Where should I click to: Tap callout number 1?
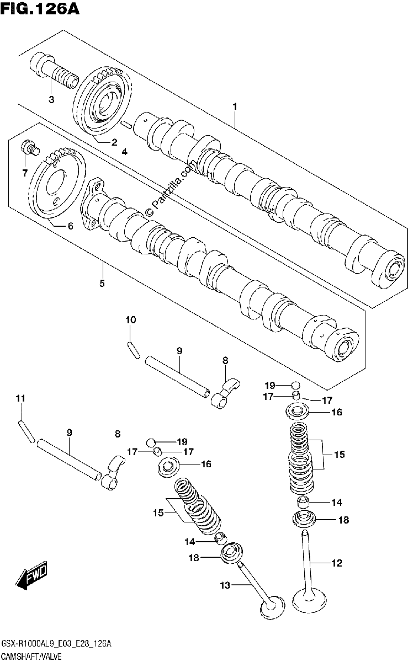pyautogui.click(x=235, y=106)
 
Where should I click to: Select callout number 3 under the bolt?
pyautogui.click(x=51, y=99)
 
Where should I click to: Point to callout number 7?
pyautogui.click(x=25, y=173)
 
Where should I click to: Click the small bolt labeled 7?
pyautogui.click(x=30, y=147)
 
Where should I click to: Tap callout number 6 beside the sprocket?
pyautogui.click(x=70, y=226)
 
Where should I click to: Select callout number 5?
pyautogui.click(x=102, y=284)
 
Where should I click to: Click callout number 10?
pyautogui.click(x=131, y=320)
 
